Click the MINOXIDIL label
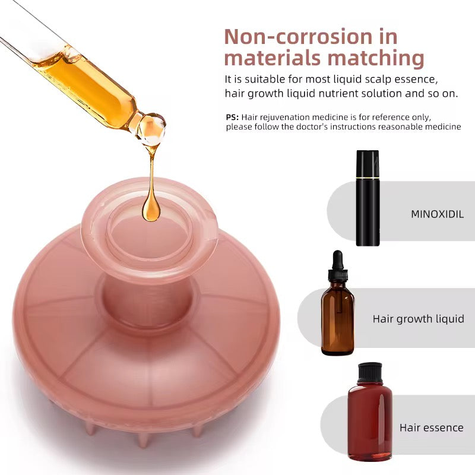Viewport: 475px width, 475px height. pyautogui.click(x=437, y=214)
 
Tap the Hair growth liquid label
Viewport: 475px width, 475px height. pyautogui.click(x=418, y=319)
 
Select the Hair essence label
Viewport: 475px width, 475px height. pyautogui.click(x=431, y=427)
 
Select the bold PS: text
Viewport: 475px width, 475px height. pyautogui.click(x=232, y=117)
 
